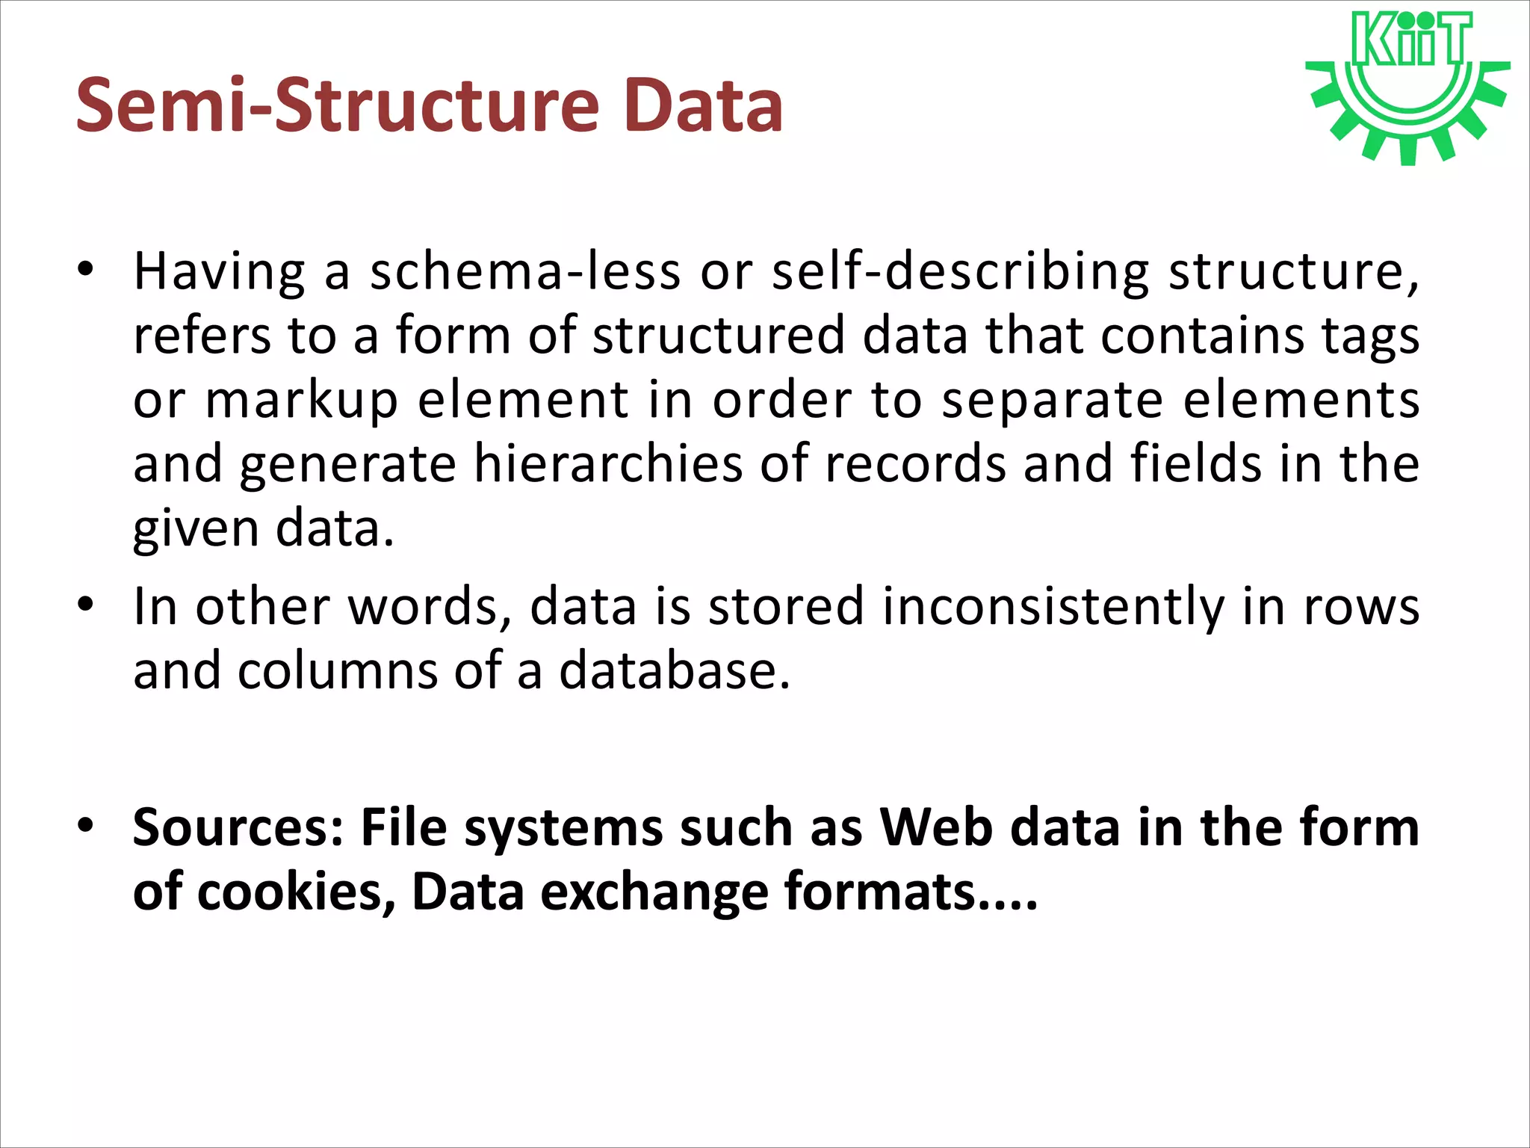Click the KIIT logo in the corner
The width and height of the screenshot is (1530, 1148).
click(1407, 86)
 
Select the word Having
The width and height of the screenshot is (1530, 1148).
click(219, 272)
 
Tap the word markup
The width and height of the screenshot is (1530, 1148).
click(302, 402)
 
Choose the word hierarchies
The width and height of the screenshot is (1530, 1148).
click(608, 465)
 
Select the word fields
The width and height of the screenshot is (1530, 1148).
click(1195, 465)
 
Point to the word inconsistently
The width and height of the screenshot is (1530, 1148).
click(1053, 607)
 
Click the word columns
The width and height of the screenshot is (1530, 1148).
click(337, 671)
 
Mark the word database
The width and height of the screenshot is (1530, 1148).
click(674, 671)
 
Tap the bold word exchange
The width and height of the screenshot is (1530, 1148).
click(654, 892)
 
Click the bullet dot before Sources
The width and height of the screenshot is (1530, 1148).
click(86, 825)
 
